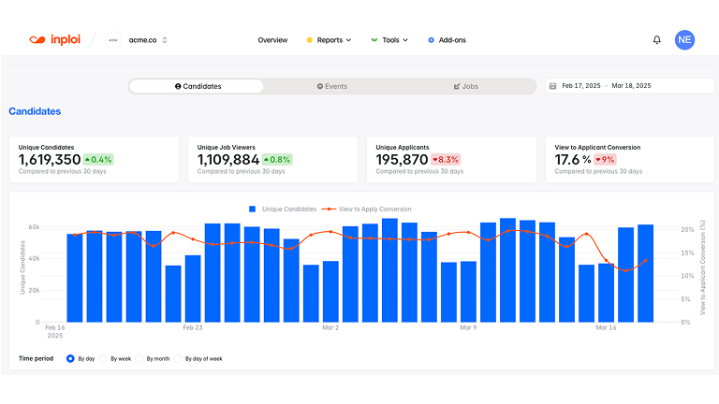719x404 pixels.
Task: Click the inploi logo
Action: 54,40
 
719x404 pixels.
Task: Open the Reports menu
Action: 329,40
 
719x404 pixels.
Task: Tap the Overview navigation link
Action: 272,40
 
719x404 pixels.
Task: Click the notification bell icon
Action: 656,40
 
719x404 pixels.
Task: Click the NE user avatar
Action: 684,39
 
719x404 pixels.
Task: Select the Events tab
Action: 331,86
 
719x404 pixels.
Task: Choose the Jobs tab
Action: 465,86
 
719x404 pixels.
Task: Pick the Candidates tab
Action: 198,86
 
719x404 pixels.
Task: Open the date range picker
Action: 629,86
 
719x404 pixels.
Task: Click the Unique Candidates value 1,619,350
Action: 49,160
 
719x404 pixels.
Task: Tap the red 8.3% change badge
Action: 445,160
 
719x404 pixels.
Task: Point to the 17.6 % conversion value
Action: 573,160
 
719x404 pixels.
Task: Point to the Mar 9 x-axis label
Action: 468,328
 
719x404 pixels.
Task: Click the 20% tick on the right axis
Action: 687,228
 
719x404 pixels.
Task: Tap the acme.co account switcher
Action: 147,40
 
